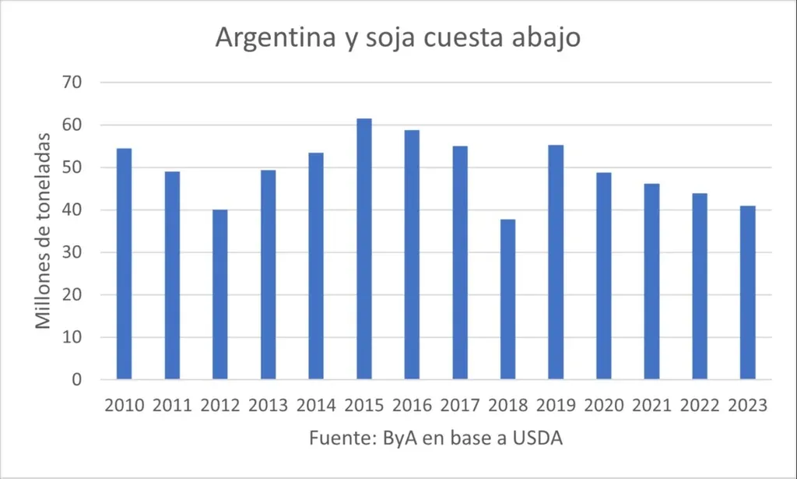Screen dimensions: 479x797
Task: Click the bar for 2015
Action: point(364,249)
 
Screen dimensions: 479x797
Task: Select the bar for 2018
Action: point(507,300)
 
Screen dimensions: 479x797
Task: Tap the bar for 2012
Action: point(220,294)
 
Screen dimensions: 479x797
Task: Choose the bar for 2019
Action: point(556,262)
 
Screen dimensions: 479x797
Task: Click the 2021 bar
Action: point(651,282)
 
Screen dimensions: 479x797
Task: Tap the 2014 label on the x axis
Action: point(316,406)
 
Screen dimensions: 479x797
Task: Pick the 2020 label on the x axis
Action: point(603,406)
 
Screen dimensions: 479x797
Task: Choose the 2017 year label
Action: point(460,406)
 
